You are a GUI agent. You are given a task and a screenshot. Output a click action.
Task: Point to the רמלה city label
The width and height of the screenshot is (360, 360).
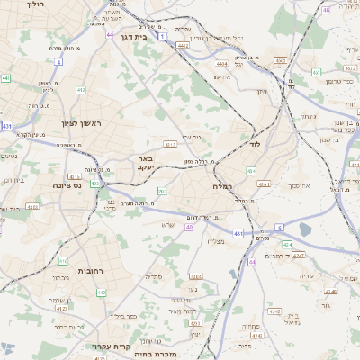tap(224, 186)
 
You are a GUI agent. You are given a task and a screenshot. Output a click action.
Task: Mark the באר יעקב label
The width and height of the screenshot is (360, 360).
tap(146, 162)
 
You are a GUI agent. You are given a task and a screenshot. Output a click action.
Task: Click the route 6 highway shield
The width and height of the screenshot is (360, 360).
tap(280, 228)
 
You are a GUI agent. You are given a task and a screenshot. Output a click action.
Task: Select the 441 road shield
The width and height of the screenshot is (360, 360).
tap(5, 78)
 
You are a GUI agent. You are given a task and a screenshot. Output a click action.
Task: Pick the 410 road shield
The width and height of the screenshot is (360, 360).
tap(63, 261)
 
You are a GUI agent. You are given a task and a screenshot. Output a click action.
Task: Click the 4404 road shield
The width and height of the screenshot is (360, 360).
tap(222, 64)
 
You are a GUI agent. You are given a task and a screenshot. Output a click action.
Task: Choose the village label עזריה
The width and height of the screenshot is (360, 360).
tap(309, 270)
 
